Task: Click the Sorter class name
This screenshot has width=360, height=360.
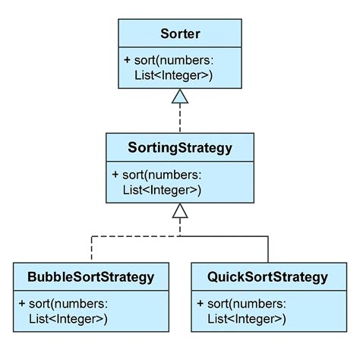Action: [x=179, y=34]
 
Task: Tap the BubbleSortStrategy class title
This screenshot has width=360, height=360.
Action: [x=90, y=276]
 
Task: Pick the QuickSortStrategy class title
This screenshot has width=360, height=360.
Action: [x=267, y=276]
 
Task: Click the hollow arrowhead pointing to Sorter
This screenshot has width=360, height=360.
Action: [x=179, y=96]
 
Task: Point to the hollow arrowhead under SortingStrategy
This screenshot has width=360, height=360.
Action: [x=179, y=210]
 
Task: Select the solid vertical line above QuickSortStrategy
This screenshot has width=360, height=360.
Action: [x=268, y=248]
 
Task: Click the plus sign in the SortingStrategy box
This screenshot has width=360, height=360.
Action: [x=115, y=175]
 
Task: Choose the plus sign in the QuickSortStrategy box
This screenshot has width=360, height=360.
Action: [x=201, y=304]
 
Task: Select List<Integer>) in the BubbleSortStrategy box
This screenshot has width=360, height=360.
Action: [x=69, y=318]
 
